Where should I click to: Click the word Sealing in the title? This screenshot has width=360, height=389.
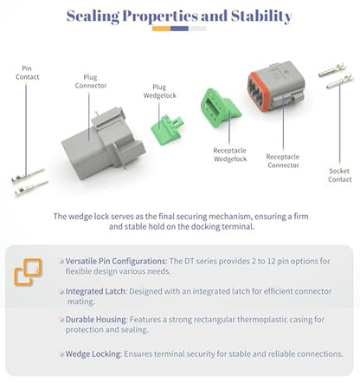point(93,16)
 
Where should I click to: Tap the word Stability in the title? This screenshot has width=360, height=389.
point(261,16)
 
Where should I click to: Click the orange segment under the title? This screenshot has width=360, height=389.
point(161,29)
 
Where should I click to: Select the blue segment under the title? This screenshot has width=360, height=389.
point(179,29)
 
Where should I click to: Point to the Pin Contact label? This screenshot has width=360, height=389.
point(27,73)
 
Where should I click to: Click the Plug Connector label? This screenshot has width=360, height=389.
point(91,81)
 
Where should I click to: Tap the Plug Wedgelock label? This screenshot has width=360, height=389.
point(159,91)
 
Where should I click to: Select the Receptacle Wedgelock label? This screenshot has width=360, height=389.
point(230,154)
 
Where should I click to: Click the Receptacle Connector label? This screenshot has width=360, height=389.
point(283,161)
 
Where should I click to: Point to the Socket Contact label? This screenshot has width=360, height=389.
point(339,175)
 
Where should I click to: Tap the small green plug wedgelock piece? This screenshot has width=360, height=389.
point(167,129)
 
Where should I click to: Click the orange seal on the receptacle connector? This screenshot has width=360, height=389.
point(257,91)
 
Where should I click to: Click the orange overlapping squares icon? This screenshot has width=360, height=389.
point(28,272)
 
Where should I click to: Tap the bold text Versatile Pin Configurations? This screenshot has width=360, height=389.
point(116,261)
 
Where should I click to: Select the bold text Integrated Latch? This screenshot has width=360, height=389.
point(96,291)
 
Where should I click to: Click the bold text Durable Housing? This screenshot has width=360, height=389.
point(96,320)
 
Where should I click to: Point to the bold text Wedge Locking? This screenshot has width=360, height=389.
point(93,353)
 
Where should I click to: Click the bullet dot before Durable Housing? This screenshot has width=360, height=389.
point(61,320)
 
